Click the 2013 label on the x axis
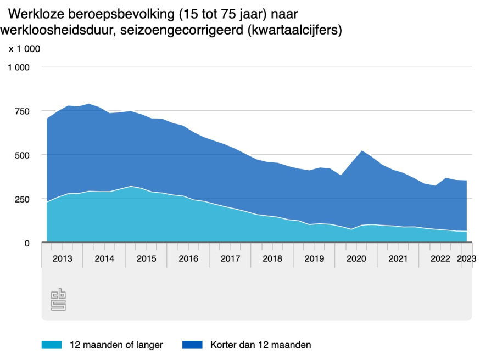click(x=62, y=258)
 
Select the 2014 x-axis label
click(x=104, y=258)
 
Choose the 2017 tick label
click(x=230, y=258)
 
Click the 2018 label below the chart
click(x=272, y=258)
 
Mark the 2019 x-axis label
click(x=314, y=258)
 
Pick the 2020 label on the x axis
click(x=356, y=258)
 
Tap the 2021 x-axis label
click(x=398, y=258)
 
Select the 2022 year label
click(x=440, y=258)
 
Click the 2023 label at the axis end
click(x=466, y=258)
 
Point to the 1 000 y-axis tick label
click(x=18, y=67)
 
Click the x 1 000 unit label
click(x=24, y=48)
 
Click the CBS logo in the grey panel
click(x=58, y=300)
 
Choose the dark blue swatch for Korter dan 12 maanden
click(x=192, y=345)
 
